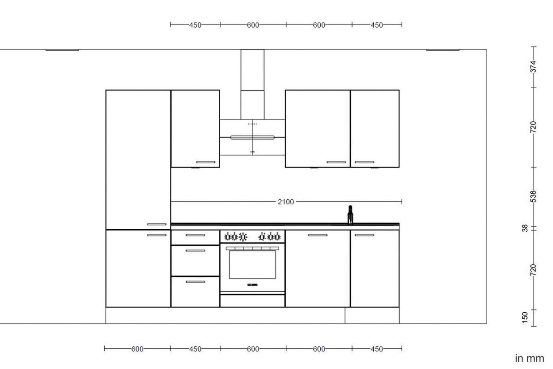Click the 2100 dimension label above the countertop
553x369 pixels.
click(286, 202)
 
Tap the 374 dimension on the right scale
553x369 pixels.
click(533, 66)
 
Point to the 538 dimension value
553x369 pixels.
click(533, 196)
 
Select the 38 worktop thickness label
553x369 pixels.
click(525, 228)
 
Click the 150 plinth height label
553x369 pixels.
click(525, 317)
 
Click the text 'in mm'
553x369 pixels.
click(529, 358)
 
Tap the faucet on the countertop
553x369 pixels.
click(350, 215)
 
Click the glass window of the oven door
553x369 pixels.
click(252, 264)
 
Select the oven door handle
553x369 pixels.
click(252, 248)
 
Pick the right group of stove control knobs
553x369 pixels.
click(270, 237)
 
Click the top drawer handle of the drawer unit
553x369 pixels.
click(195, 235)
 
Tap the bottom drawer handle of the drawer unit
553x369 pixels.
click(195, 281)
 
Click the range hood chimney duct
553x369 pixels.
click(253, 83)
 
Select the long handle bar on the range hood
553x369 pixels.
click(252, 137)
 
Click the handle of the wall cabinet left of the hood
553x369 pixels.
click(206, 162)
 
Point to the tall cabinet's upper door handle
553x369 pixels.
click(157, 225)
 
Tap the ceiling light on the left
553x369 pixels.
click(62, 50)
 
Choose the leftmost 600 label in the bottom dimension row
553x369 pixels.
click(137, 349)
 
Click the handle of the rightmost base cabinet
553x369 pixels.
click(364, 235)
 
